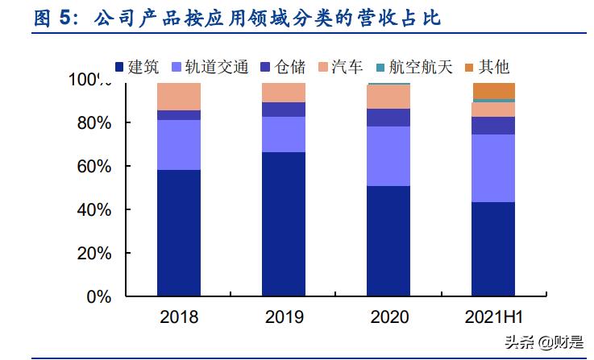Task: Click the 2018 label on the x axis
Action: click(x=179, y=317)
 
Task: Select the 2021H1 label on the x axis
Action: click(x=494, y=317)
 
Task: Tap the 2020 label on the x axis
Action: click(x=388, y=317)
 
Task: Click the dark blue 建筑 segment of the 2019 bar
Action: click(x=284, y=224)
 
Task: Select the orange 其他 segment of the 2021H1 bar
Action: click(x=494, y=90)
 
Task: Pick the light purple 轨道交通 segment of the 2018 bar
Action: click(x=179, y=145)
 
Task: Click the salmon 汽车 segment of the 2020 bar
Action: click(x=388, y=97)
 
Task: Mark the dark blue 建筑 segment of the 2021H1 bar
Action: click(x=494, y=249)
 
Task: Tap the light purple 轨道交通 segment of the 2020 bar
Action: click(x=388, y=156)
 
